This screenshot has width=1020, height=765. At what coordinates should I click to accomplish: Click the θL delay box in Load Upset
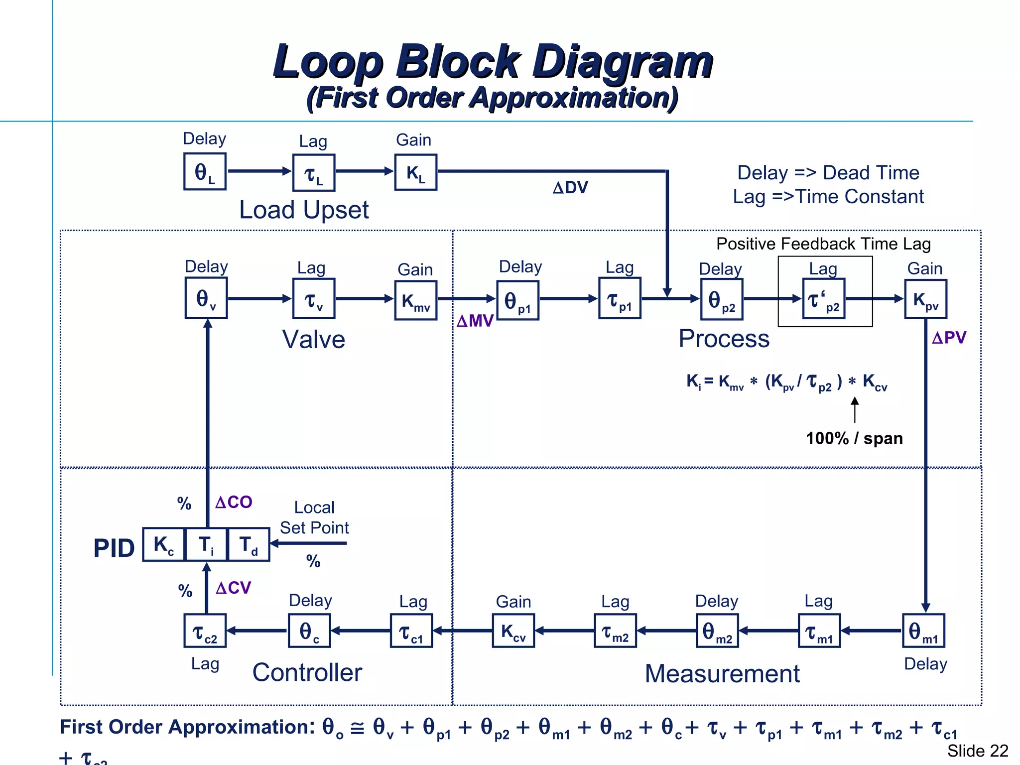coord(205,172)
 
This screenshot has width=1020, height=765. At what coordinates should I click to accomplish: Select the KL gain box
coord(415,172)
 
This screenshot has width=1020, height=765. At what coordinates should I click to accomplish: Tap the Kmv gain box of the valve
coord(415,300)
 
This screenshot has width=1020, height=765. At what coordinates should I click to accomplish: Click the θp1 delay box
coord(517,300)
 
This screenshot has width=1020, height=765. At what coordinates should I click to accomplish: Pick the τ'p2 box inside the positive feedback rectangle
coord(824,299)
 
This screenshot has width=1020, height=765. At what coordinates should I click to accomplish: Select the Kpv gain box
coord(925,299)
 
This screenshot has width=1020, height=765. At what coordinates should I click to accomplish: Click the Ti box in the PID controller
coord(206,545)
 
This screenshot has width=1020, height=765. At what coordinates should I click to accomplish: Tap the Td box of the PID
coord(249,545)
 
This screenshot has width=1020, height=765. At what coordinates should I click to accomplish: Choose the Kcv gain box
coord(513,631)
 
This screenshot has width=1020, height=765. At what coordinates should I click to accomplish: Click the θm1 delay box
coord(923,631)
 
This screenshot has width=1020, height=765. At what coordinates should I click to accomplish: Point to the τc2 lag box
coord(205,631)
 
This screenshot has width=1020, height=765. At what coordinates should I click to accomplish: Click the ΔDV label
coord(570,188)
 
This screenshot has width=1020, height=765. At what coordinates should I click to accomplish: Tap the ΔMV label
coord(475,321)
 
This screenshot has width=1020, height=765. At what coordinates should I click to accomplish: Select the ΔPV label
coord(949,338)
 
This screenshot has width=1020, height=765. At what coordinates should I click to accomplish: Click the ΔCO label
coord(234,502)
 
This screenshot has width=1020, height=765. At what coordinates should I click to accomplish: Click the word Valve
coord(314,340)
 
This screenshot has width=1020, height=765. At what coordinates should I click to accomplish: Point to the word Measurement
coord(722,674)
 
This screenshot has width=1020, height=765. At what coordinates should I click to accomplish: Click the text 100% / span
coord(854,438)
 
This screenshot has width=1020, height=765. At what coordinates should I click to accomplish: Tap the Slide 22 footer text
coord(977,751)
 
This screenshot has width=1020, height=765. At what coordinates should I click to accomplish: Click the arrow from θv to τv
coord(259,299)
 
